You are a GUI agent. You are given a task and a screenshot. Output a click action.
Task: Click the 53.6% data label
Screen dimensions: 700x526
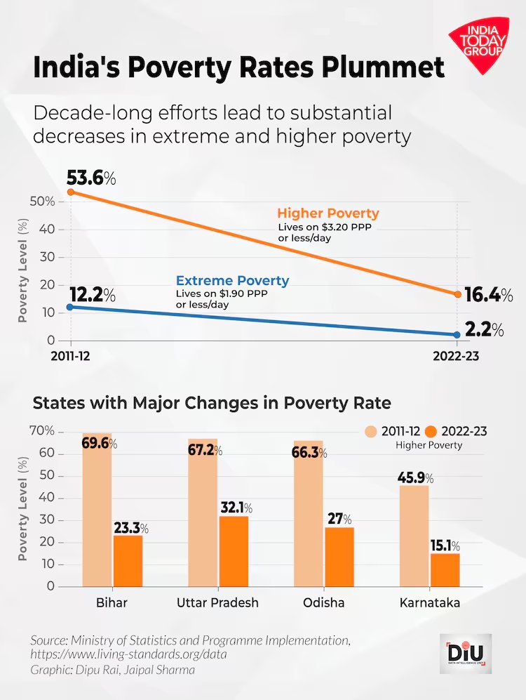[90, 178]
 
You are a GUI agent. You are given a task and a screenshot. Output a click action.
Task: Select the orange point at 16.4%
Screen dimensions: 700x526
[457, 294]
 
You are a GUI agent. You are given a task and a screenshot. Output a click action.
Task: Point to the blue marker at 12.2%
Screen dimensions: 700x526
[70, 307]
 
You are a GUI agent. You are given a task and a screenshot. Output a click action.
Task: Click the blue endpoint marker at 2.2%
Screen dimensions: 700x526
[457, 335]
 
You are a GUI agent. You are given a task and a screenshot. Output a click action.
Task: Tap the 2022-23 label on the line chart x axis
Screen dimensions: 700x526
[457, 356]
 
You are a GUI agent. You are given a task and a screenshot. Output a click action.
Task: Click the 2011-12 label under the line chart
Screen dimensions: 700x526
[70, 356]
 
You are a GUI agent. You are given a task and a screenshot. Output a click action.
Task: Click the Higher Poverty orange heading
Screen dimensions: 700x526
[328, 213]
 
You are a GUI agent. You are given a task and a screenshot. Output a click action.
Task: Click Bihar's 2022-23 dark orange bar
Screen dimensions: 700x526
[128, 561]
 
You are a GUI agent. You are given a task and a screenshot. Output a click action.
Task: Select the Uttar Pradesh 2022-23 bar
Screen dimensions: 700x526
[234, 551]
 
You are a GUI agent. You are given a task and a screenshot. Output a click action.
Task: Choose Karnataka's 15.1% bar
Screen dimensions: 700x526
[445, 569]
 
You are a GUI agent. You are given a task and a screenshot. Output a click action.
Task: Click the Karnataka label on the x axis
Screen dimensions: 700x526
[429, 603]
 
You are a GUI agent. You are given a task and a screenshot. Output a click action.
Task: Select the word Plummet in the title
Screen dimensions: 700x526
[382, 68]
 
